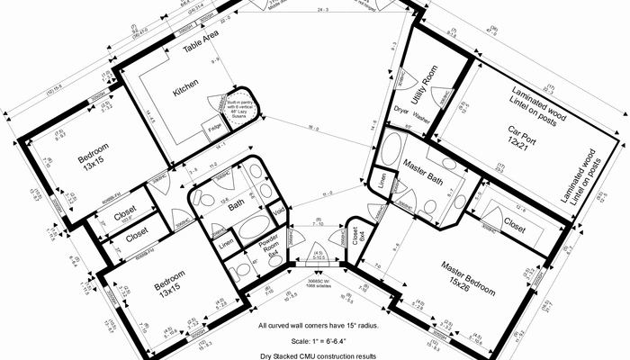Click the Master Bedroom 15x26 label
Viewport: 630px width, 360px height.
coord(468,276)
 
